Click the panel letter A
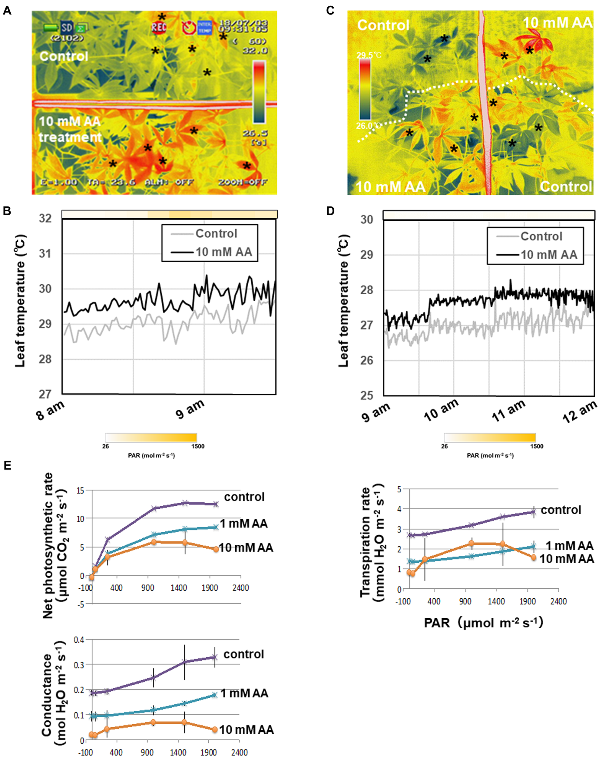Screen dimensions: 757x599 click(7, 11)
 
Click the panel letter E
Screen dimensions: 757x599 click(7, 466)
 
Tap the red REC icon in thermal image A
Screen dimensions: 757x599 click(159, 27)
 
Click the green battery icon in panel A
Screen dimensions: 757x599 click(51, 27)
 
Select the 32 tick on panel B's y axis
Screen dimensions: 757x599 click(45, 218)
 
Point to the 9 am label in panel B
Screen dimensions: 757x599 click(190, 409)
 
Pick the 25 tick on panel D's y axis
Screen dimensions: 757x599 click(366, 395)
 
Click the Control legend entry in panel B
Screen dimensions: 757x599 click(216, 233)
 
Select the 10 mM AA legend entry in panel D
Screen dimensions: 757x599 click(548, 255)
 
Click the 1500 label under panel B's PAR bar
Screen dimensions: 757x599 click(198, 446)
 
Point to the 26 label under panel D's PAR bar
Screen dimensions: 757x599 click(444, 446)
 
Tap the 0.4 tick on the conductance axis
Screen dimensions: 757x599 click(79, 640)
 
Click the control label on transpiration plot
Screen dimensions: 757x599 click(561, 510)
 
